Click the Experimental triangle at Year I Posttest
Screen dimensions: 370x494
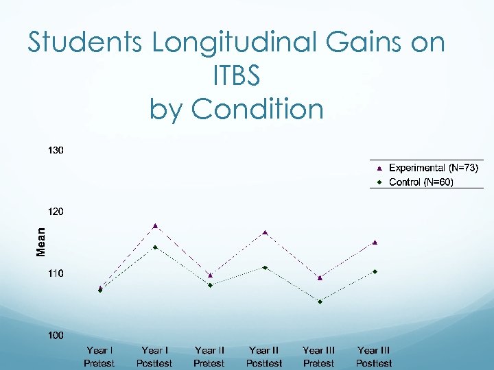click(156, 225)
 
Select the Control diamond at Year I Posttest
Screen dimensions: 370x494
click(156, 247)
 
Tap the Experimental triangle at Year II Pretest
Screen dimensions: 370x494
click(210, 275)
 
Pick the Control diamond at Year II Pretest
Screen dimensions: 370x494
click(210, 285)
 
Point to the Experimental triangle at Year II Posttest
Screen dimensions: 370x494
click(265, 232)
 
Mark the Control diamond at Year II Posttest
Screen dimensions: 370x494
click(265, 267)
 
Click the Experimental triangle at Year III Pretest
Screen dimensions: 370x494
click(320, 277)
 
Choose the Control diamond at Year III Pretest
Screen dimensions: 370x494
click(320, 301)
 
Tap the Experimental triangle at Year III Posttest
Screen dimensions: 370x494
click(375, 242)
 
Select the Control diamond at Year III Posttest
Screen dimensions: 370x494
click(375, 271)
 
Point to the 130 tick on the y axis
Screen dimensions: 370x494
click(56, 150)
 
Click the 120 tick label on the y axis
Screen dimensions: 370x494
click(56, 212)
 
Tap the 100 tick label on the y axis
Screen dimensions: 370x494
click(56, 335)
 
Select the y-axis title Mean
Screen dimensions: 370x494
click(41, 243)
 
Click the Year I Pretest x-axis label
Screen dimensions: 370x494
click(99, 356)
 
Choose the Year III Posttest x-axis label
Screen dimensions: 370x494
click(374, 356)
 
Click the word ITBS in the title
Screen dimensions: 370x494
click(237, 76)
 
